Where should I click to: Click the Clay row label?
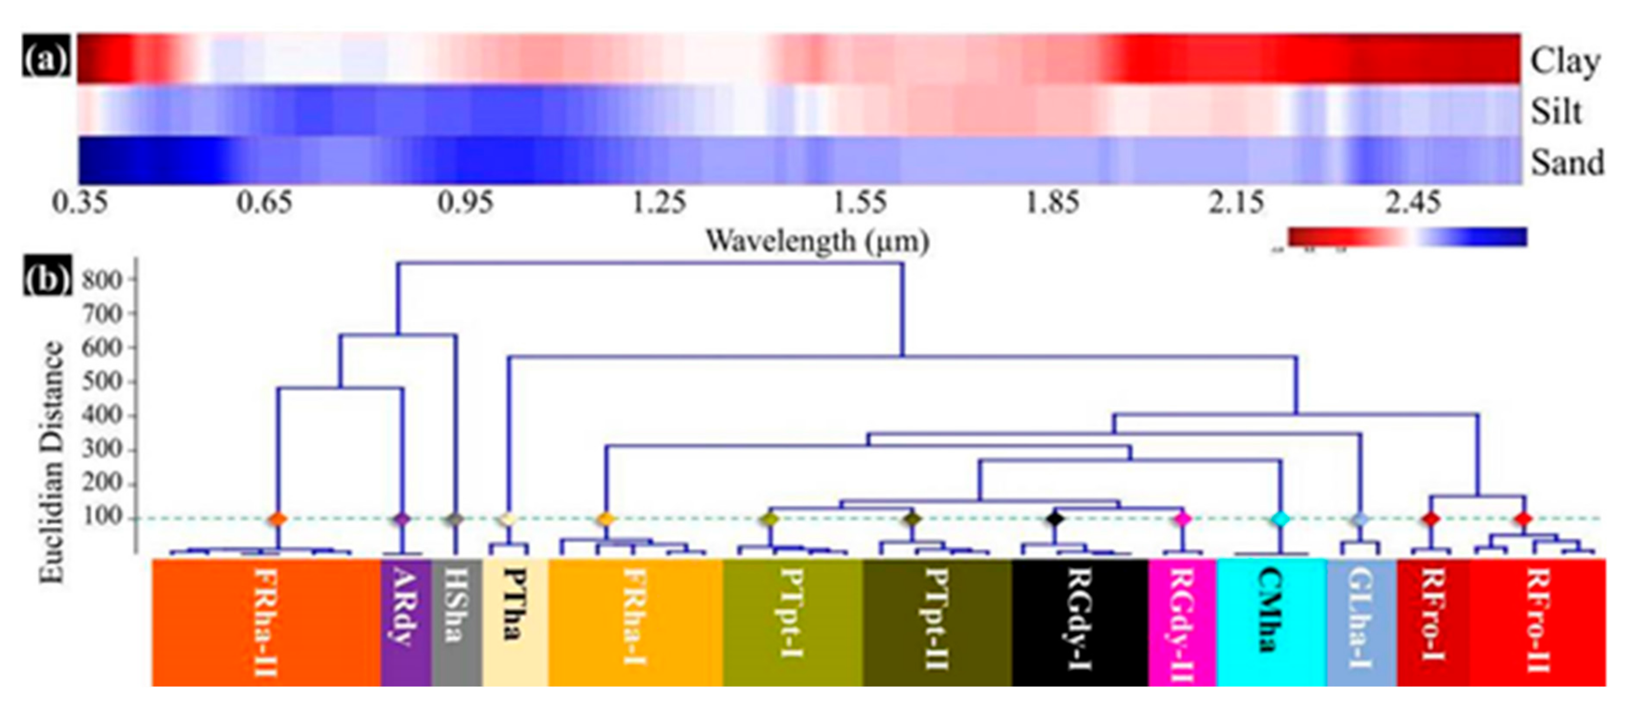pos(1565,62)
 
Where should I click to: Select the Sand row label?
pos(1567,162)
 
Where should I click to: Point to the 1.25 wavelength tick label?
pos(659,203)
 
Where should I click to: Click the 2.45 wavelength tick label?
pos(1412,203)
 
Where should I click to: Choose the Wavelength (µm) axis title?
pos(817,241)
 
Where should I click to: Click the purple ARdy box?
pos(405,621)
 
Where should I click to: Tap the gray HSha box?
pos(456,621)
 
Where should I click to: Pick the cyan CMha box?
pos(1270,621)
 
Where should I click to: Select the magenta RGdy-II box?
pos(1182,621)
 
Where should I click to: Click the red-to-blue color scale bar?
pos(1406,236)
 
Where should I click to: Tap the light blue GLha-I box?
pos(1361,621)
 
